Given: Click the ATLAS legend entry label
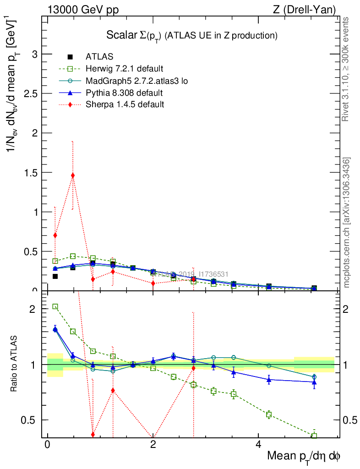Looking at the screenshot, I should coord(99,57).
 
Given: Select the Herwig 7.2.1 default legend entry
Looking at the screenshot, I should coord(124,69).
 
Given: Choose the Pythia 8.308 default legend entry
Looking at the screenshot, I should coord(124,93).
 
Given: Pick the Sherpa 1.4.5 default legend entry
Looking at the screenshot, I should coord(125,104).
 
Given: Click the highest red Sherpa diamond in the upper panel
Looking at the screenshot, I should coord(72,175).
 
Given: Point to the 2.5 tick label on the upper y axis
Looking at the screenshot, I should coord(30,94).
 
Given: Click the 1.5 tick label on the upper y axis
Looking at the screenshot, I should coord(30,173).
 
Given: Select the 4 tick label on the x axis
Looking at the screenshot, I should coord(258,445).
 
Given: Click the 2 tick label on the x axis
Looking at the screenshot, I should coord(153,445).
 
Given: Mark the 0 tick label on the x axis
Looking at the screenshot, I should coord(47,445).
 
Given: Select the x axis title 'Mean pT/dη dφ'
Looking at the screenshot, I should coord(304,457).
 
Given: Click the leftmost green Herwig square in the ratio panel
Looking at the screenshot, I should coord(55,306).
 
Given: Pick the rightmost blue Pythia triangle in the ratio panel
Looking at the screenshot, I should coord(314,382).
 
